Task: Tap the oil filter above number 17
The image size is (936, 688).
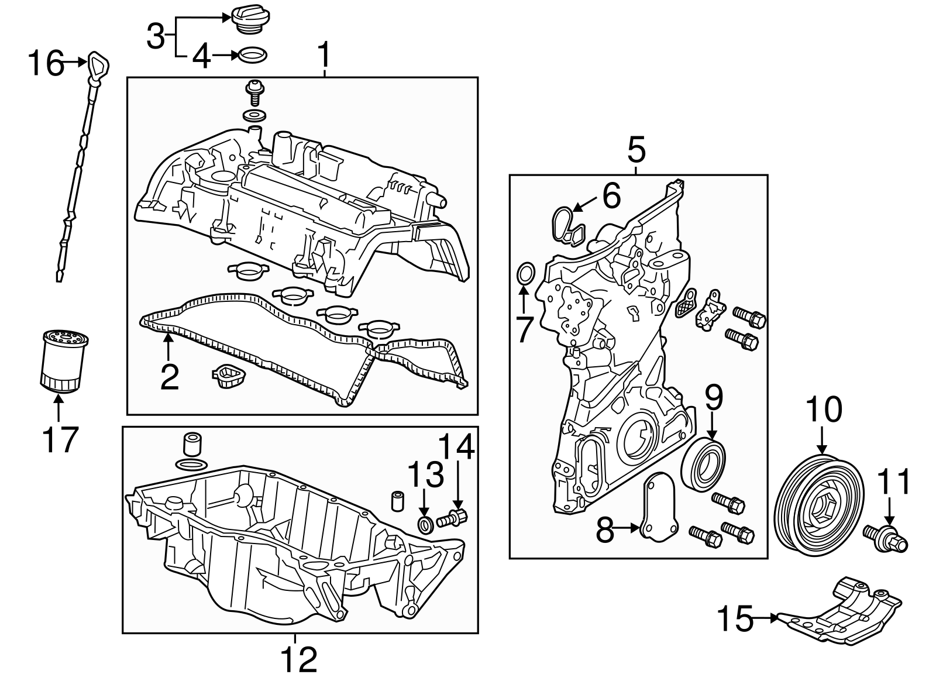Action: click(64, 360)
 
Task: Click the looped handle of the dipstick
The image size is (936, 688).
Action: click(97, 63)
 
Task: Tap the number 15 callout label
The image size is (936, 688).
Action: click(735, 618)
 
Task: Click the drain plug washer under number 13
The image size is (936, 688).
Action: click(426, 524)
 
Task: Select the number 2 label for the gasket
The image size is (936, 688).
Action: click(169, 377)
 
